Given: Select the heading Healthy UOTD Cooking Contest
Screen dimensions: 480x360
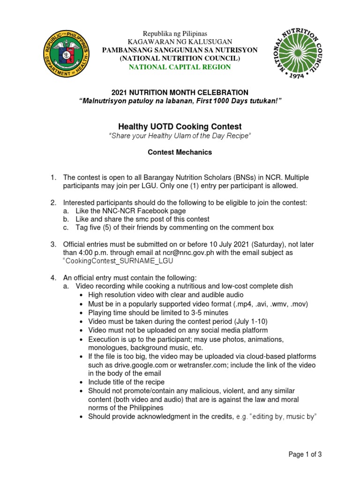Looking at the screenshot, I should click(x=180, y=127).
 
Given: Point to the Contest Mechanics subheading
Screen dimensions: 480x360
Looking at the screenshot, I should click(x=180, y=152).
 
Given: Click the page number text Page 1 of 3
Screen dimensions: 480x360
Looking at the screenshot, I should click(x=305, y=454).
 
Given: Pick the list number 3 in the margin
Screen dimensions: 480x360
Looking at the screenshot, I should click(x=53, y=244).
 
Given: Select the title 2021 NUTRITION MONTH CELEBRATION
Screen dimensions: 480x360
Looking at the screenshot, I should click(x=180, y=93).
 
